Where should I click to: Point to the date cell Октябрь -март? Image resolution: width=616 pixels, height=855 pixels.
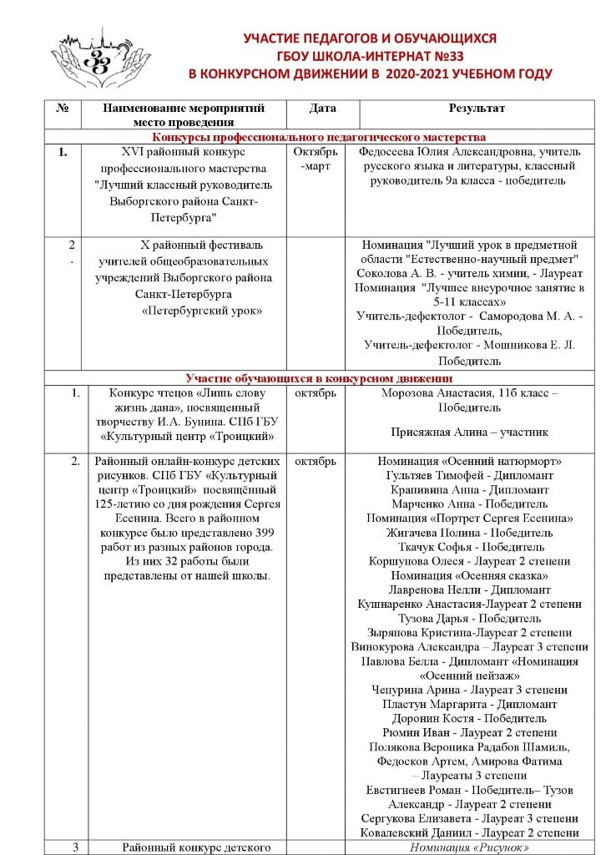coord(315,159)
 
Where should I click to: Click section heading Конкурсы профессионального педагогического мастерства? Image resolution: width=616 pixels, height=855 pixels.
coord(319,138)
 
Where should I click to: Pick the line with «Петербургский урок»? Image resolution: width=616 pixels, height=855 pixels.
coord(201,311)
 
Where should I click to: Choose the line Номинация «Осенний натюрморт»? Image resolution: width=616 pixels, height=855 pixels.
coord(469,462)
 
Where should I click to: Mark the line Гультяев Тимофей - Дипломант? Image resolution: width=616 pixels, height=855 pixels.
coord(469,476)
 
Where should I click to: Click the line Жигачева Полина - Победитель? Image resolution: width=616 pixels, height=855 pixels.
coord(469,533)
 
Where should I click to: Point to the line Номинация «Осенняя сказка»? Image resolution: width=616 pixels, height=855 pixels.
coord(469,575)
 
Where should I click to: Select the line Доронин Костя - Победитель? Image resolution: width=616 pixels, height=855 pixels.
coord(469,718)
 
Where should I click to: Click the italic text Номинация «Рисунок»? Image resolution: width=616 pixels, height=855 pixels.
coord(469,847)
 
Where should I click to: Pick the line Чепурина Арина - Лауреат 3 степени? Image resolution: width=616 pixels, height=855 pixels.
coord(469,690)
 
